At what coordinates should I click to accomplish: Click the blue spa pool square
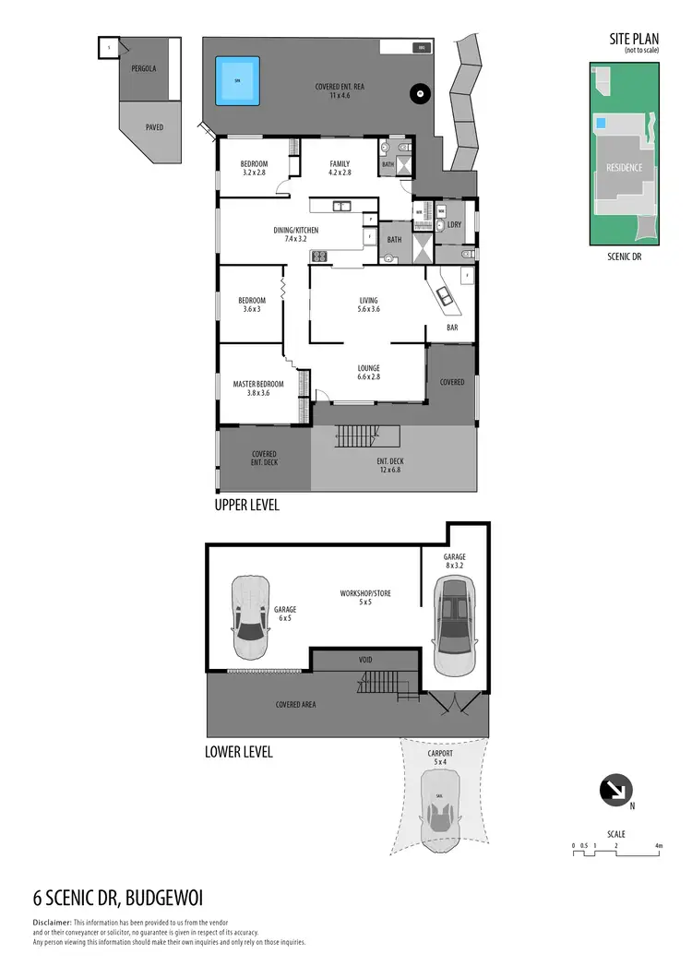point(237,80)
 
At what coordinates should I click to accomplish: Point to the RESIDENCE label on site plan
point(625,168)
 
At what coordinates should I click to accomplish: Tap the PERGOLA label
point(143,68)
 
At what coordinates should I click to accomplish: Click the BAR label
point(453,328)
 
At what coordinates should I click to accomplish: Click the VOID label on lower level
point(365,661)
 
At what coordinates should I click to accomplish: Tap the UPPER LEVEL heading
point(246,506)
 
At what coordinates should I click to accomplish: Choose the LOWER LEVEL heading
point(238,752)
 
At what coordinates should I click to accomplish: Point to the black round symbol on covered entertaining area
point(419,92)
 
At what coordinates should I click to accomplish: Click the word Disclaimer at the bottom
point(53,923)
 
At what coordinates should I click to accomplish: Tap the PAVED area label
point(154,126)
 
